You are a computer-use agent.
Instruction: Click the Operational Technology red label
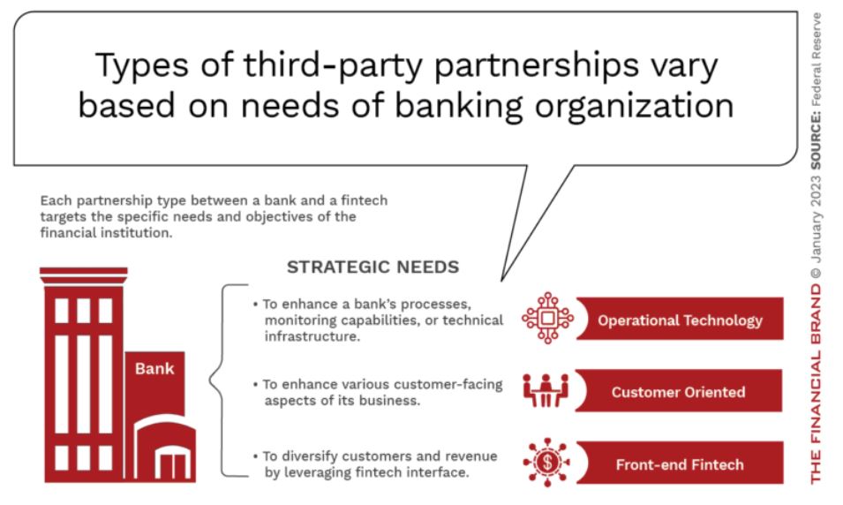pyautogui.click(x=680, y=319)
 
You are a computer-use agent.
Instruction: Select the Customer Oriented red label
pyautogui.click(x=679, y=391)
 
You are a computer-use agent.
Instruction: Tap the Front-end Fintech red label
pyautogui.click(x=680, y=463)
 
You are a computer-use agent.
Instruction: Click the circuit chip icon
pyautogui.click(x=547, y=318)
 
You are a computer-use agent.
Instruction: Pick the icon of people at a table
pyautogui.click(x=546, y=390)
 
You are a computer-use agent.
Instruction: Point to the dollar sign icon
pyautogui.click(x=547, y=463)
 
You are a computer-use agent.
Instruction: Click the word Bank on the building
pyautogui.click(x=154, y=368)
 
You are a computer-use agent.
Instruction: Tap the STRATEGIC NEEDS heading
pyautogui.click(x=373, y=267)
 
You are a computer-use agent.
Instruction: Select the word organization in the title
pyautogui.click(x=634, y=106)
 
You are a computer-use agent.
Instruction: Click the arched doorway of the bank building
pyautogui.click(x=164, y=449)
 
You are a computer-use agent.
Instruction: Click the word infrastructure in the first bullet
pyautogui.click(x=312, y=336)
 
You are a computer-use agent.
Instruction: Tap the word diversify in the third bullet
pyautogui.click(x=309, y=456)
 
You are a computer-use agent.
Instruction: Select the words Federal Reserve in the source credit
pyautogui.click(x=816, y=59)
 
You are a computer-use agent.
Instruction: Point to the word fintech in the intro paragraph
pyautogui.click(x=364, y=200)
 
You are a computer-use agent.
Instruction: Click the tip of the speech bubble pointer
pyautogui.click(x=501, y=280)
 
